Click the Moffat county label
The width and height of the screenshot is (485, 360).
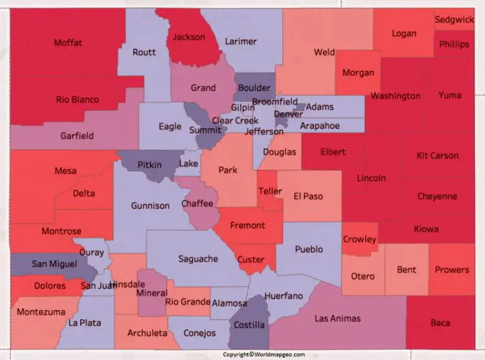tap(68, 43)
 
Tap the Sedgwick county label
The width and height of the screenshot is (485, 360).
tap(454, 20)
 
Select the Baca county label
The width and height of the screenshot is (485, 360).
tap(440, 323)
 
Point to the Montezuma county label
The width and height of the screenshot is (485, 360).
tap(41, 312)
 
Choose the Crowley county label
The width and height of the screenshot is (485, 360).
tap(359, 239)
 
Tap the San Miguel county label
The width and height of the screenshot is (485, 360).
tap(54, 264)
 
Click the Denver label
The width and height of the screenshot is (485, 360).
tap(288, 114)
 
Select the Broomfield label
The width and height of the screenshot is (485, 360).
tap(275, 102)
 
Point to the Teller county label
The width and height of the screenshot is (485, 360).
tap(270, 192)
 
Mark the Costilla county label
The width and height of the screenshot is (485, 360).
tap(249, 325)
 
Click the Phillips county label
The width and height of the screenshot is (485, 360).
tap(454, 44)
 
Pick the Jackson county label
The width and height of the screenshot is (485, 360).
tap(189, 37)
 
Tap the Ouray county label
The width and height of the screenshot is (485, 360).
tap(92, 252)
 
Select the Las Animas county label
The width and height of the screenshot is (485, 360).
tap(338, 318)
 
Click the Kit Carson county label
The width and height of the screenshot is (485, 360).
tap(438, 155)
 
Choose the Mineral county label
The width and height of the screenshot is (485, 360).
tap(151, 293)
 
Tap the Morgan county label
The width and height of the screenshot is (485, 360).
tap(358, 73)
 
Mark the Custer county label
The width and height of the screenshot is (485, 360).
tap(251, 260)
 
